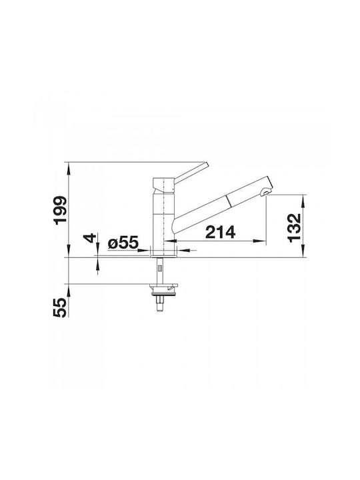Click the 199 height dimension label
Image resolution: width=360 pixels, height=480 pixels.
[x=60, y=210]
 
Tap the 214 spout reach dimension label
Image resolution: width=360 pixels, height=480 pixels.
[x=221, y=232]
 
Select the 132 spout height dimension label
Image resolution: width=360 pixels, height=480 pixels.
[x=295, y=228]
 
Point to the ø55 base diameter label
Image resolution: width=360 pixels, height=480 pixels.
[x=123, y=243]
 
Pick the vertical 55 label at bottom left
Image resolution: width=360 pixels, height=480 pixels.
[x=60, y=307]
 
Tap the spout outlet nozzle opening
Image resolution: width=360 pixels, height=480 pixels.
[x=265, y=193]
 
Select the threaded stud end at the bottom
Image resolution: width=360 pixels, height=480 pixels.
[x=159, y=305]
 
